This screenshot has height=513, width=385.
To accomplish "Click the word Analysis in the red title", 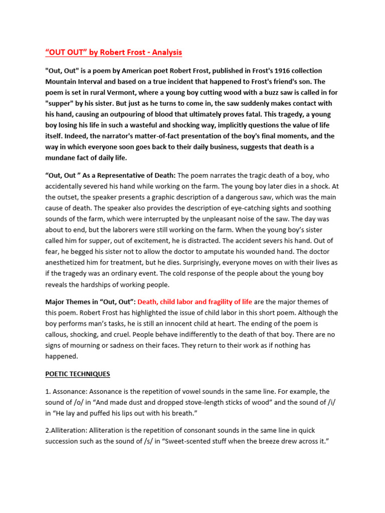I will coord(164,52).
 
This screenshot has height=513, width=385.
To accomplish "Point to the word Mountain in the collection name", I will coord(62,81).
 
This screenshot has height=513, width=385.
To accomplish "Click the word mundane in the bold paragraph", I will coord(63,158).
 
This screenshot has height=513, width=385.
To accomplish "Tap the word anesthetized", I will coord(69,263).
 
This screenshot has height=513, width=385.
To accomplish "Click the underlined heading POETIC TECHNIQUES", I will coord(78,374).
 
